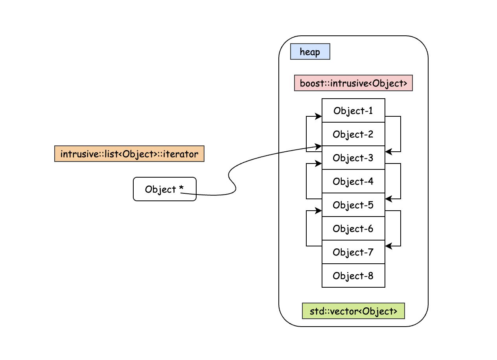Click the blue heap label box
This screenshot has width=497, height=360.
[x=310, y=51]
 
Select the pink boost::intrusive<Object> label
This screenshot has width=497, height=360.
[x=353, y=83]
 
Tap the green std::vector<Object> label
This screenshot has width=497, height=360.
[x=353, y=311]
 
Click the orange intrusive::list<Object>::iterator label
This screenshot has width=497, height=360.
[x=129, y=154]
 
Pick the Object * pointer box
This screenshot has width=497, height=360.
[x=164, y=189]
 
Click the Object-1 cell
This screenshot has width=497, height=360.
[x=353, y=110]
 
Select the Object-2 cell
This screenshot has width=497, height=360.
[x=353, y=134]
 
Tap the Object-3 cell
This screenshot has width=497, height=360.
[x=353, y=158]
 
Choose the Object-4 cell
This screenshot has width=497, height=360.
[x=353, y=181]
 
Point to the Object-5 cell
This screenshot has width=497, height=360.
[x=353, y=205]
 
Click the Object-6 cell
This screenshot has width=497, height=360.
[x=353, y=228]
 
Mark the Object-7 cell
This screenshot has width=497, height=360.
[x=353, y=252]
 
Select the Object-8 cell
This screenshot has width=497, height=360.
[x=353, y=276]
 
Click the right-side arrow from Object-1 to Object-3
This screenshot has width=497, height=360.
[x=400, y=134]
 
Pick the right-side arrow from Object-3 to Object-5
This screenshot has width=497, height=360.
[x=400, y=181]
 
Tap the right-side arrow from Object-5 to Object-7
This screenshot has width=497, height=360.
[x=400, y=228]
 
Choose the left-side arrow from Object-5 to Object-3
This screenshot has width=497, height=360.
[x=306, y=181]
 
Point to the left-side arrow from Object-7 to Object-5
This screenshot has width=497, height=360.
[x=306, y=228]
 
